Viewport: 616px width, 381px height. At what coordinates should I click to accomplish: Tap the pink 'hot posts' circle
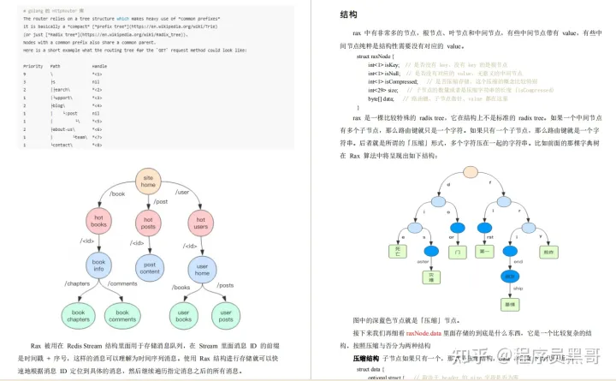pos(148,223)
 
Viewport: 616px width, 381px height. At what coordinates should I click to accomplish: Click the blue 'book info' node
pos(98,267)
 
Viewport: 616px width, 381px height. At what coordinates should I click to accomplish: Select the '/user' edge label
pos(181,193)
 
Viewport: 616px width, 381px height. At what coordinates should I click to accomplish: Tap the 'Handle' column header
pos(99,65)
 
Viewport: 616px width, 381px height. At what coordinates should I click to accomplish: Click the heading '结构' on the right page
pos(324,15)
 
